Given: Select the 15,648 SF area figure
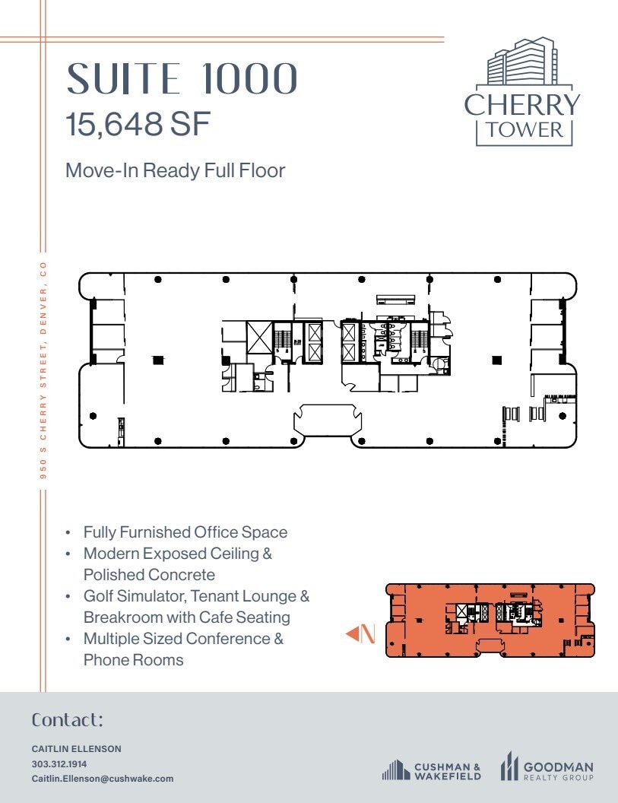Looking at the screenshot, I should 138,125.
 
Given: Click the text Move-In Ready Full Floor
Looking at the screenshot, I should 175,170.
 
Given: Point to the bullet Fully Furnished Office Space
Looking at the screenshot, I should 185,532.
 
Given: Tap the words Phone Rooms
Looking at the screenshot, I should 133,659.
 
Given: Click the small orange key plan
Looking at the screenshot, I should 490,620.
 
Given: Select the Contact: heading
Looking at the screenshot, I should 67,719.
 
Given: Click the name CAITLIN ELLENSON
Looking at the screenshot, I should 76,749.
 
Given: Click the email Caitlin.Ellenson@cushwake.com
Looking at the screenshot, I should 102,778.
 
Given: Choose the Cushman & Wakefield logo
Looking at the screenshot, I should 431,770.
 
